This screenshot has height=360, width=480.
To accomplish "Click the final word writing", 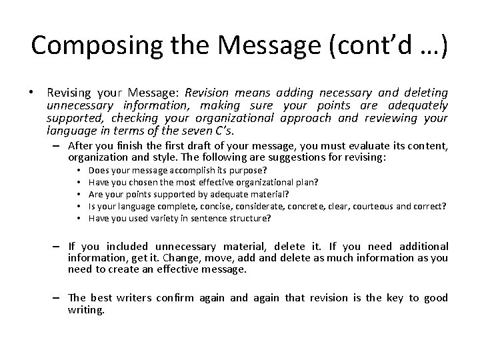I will (x=87, y=310).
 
